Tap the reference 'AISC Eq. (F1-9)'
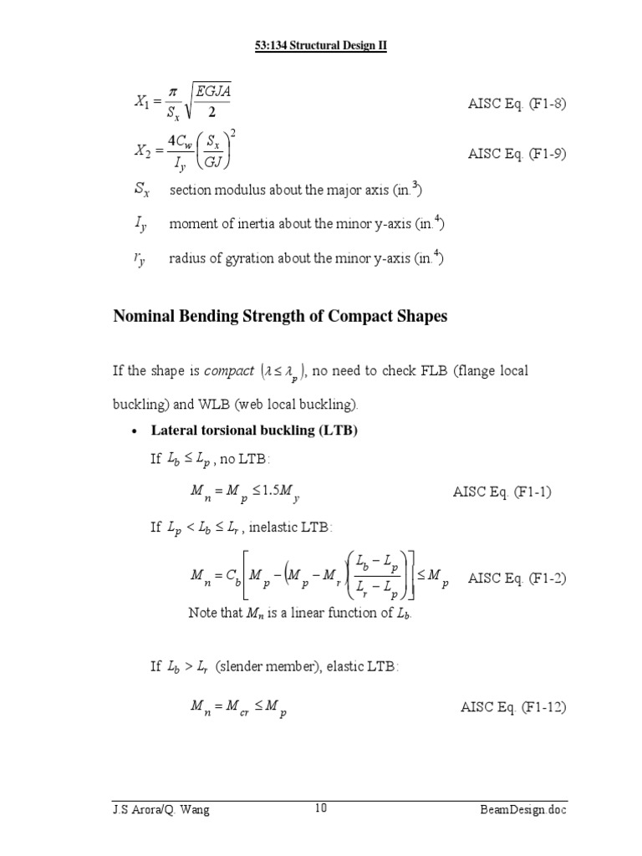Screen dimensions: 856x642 pos(517,154)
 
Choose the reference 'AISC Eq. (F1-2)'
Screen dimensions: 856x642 pos(517,578)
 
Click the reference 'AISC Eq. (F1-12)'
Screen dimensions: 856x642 pos(513,707)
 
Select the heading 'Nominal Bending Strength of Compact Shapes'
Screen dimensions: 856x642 pos(280,317)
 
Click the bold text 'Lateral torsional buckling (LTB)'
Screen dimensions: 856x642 pos(254,431)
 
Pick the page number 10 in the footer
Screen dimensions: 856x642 pos(321,808)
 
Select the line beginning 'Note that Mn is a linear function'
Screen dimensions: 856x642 pos(301,613)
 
